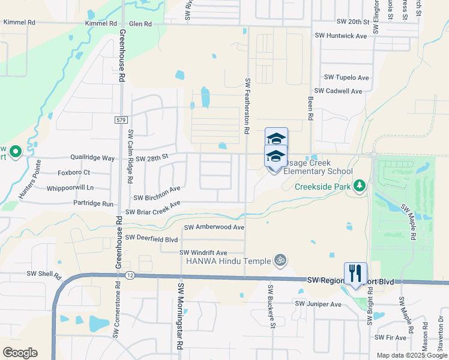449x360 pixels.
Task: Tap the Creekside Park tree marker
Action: click(x=360, y=186)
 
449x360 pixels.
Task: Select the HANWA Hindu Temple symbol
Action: click(x=279, y=260)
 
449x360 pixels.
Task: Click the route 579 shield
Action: click(x=121, y=121)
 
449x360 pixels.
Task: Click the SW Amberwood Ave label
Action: click(x=214, y=227)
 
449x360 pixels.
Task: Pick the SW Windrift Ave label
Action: click(x=204, y=253)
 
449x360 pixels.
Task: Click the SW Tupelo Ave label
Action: click(x=346, y=77)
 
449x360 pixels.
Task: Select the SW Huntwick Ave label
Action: click(x=340, y=36)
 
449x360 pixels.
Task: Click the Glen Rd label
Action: click(x=140, y=24)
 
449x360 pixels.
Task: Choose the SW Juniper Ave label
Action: click(x=318, y=305)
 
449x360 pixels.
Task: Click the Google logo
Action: click(x=19, y=353)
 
